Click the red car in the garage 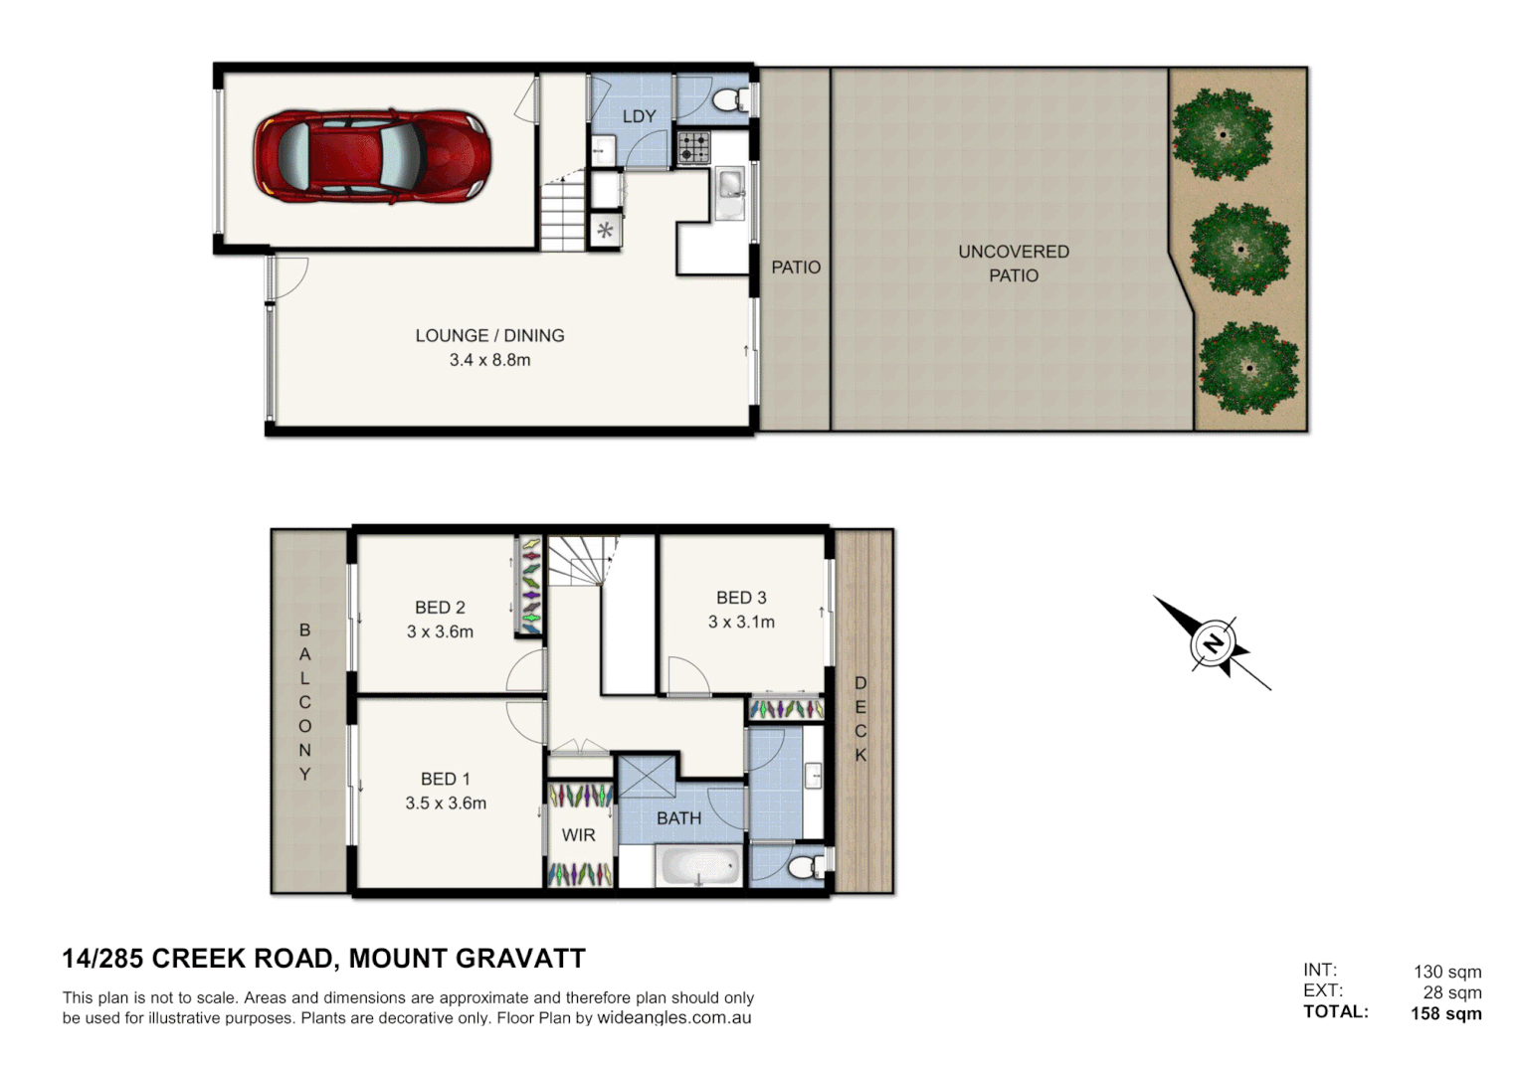pyautogui.click(x=372, y=156)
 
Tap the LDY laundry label pyautogui.click(x=639, y=116)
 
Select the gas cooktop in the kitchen pyautogui.click(x=693, y=149)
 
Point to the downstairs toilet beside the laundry pyautogui.click(x=731, y=99)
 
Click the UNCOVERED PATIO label pyautogui.click(x=1014, y=264)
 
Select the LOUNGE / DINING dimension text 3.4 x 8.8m pyautogui.click(x=489, y=360)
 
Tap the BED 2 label pyautogui.click(x=440, y=608)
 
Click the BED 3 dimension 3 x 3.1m pyautogui.click(x=741, y=622)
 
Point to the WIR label pyautogui.click(x=578, y=835)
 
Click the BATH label pyautogui.click(x=678, y=818)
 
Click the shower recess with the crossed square pyautogui.click(x=646, y=776)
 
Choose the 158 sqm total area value pyautogui.click(x=1445, y=1014)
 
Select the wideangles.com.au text pyautogui.click(x=673, y=1018)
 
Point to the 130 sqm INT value pyautogui.click(x=1447, y=972)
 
